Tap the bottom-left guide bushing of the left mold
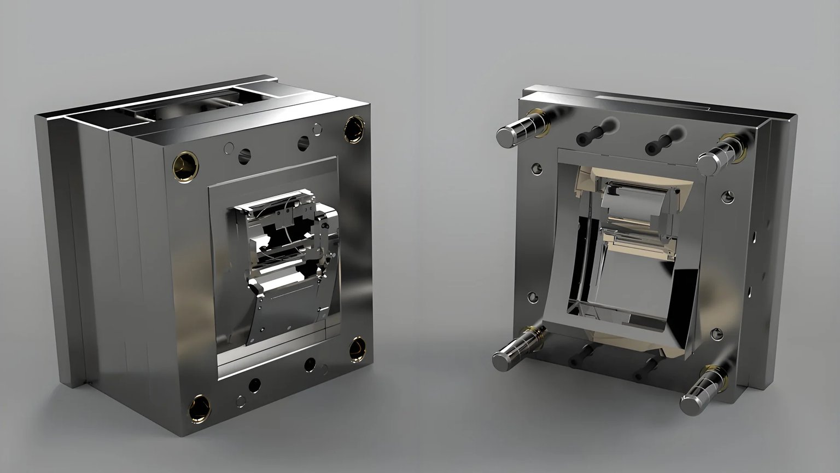[199, 408]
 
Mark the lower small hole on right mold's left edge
[532, 297]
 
